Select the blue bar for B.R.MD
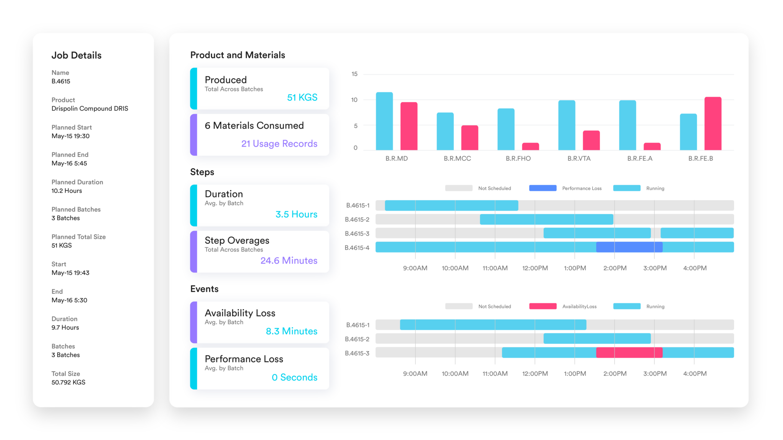click(384, 121)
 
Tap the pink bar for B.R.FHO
click(530, 146)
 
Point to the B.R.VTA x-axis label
click(579, 159)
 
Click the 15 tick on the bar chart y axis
click(354, 74)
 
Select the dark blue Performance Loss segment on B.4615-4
click(629, 247)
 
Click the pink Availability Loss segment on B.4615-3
click(629, 353)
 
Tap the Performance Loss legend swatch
click(543, 188)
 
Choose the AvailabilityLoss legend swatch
click(543, 306)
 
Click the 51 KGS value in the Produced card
click(302, 97)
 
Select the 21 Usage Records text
click(279, 144)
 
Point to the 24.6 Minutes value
click(289, 260)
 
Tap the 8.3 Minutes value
click(291, 331)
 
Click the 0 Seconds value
click(294, 377)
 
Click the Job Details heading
click(76, 55)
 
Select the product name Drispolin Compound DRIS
click(90, 108)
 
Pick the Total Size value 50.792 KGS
click(68, 382)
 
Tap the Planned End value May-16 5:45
click(69, 163)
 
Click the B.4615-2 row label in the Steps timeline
click(357, 220)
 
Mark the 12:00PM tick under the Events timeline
click(535, 374)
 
